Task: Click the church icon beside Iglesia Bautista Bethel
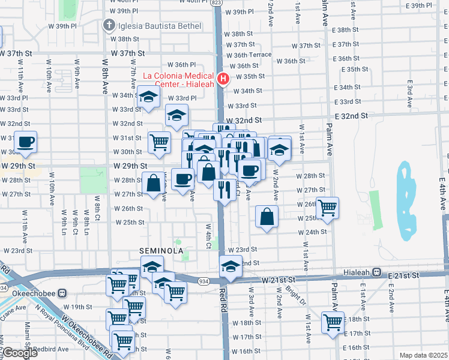click(109, 25)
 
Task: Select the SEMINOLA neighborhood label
click(161, 250)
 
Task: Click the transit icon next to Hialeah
click(377, 272)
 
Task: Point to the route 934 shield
click(204, 281)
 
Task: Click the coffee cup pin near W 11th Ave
click(26, 143)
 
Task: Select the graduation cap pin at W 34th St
click(148, 97)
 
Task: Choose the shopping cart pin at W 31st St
click(159, 142)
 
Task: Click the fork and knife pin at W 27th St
click(224, 190)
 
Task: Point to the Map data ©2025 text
click(424, 355)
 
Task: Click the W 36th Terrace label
click(252, 55)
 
